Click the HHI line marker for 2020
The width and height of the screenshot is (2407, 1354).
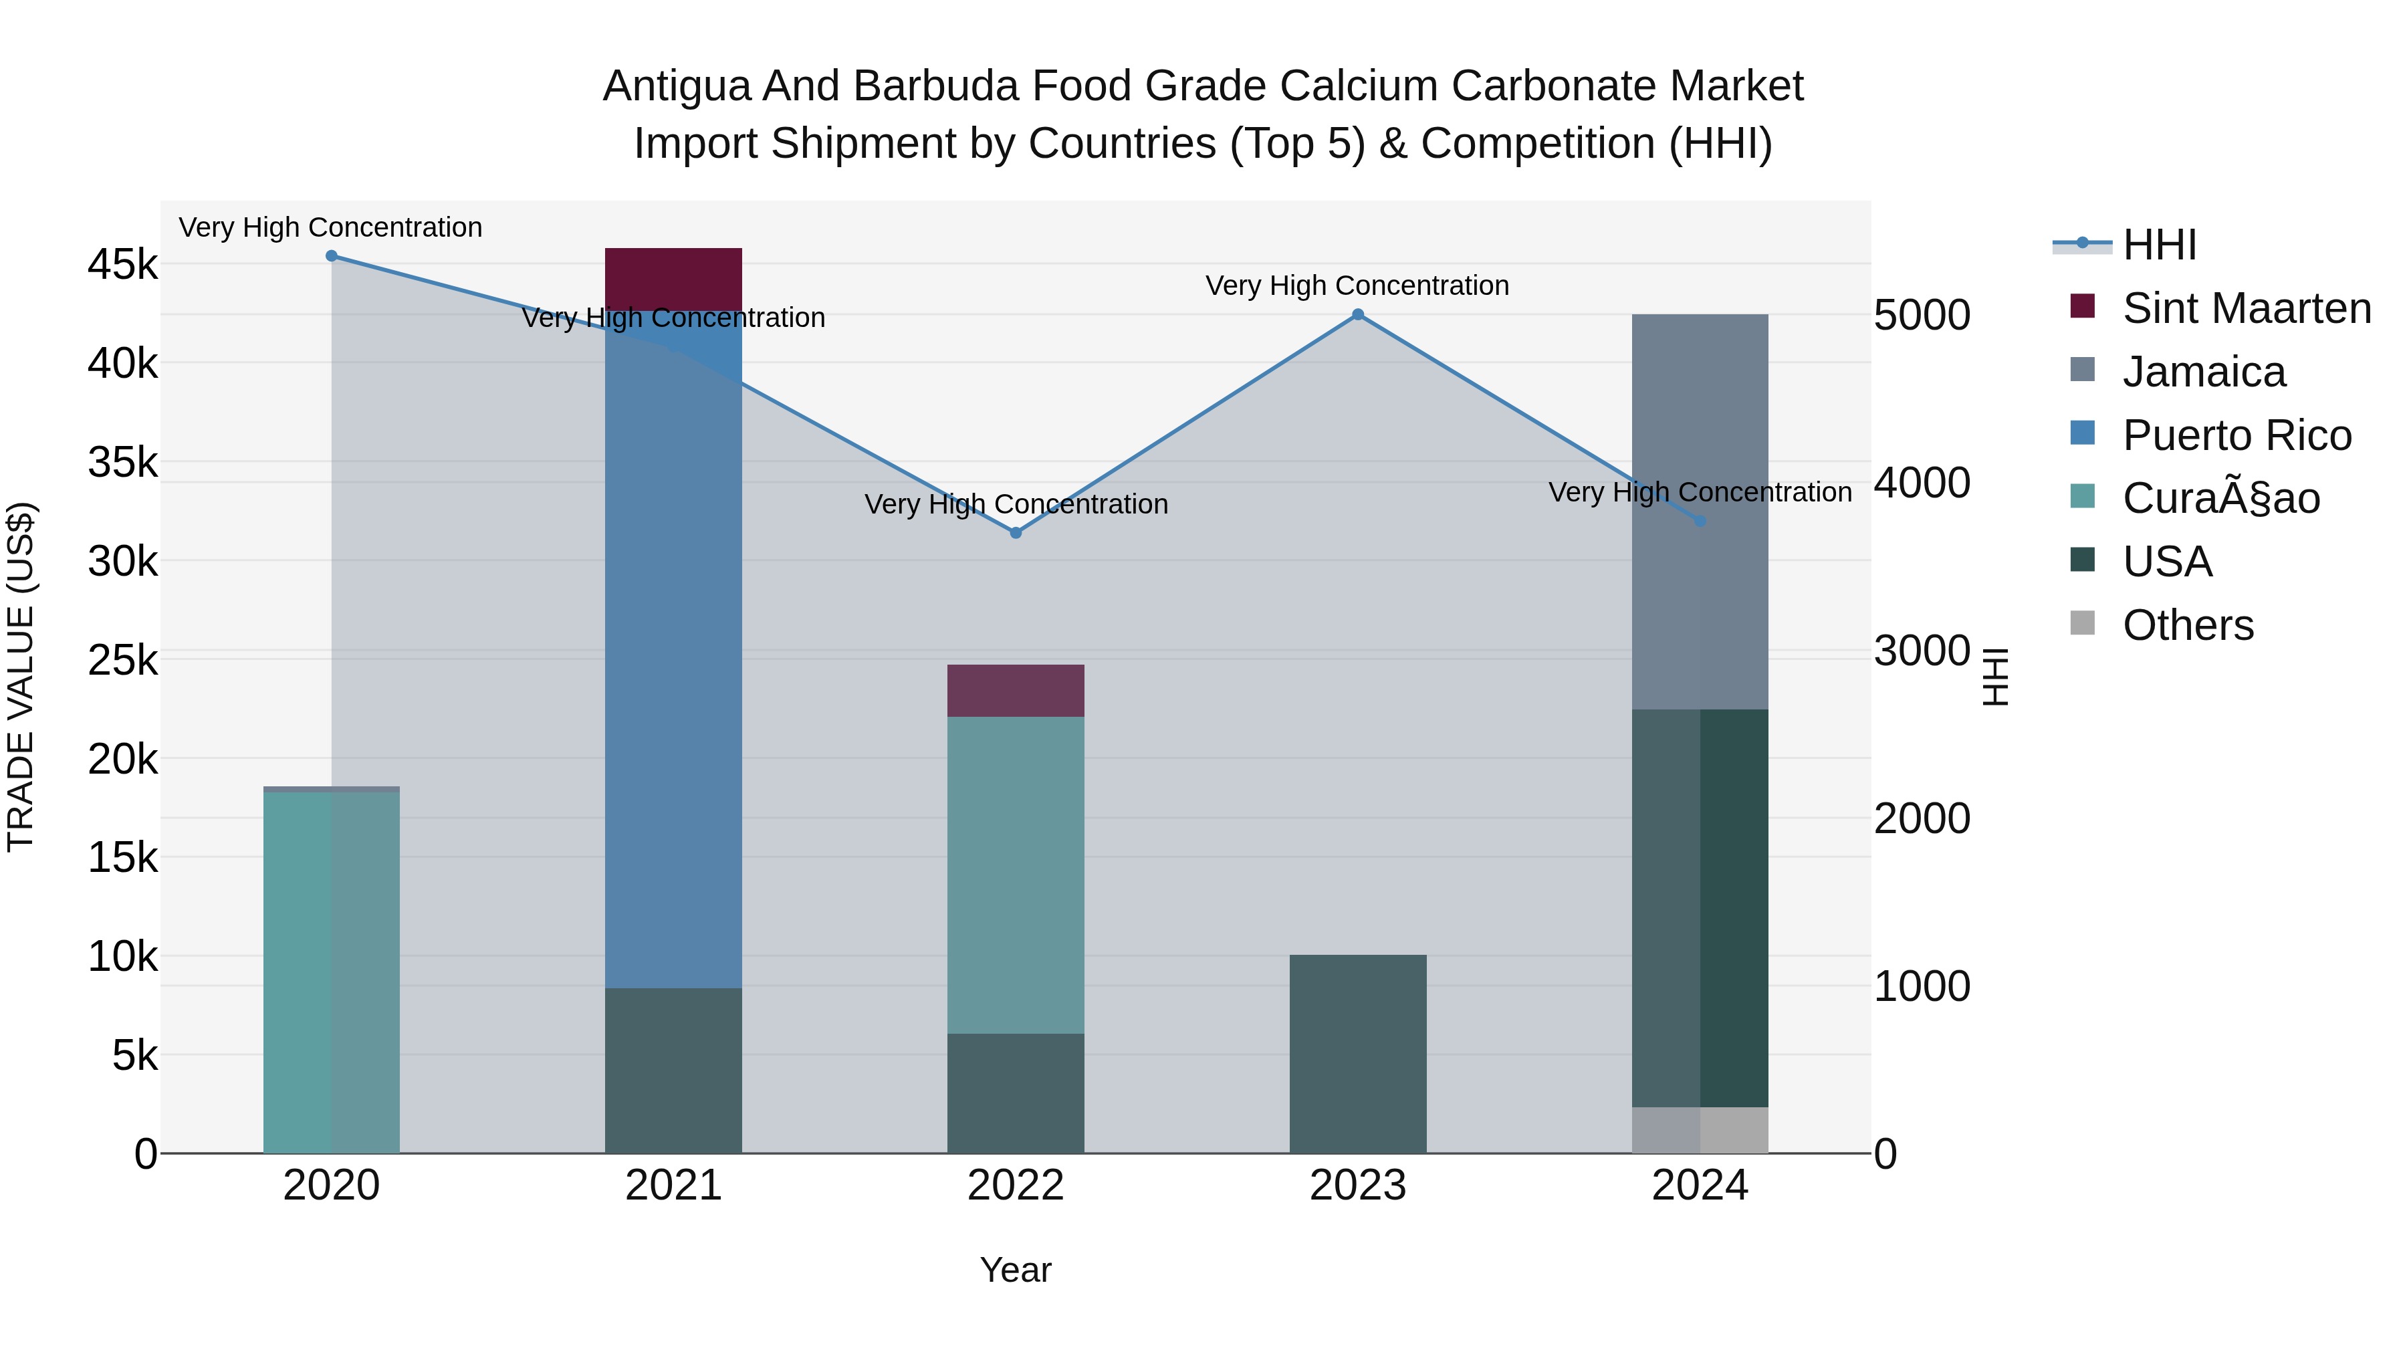pyautogui.click(x=332, y=256)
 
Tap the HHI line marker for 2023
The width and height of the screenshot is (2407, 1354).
pyautogui.click(x=1358, y=315)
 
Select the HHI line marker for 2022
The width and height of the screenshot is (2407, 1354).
pyautogui.click(x=1016, y=533)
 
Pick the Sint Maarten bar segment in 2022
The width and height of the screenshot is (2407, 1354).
pyautogui.click(x=1016, y=691)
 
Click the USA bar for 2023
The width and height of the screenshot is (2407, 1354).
pyautogui.click(x=1358, y=1054)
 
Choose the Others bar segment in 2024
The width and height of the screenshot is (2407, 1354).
pyautogui.click(x=1700, y=1130)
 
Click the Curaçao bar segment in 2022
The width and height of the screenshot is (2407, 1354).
pyautogui.click(x=1016, y=875)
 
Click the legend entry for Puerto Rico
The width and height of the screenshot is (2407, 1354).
pyautogui.click(x=2235, y=435)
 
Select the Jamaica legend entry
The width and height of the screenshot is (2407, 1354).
pyautogui.click(x=2203, y=372)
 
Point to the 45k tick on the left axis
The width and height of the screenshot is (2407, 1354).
pyautogui.click(x=122, y=264)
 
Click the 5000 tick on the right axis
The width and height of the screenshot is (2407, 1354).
pyautogui.click(x=1922, y=316)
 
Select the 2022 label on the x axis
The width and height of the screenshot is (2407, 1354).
pyautogui.click(x=1016, y=1186)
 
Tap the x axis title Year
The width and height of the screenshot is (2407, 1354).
pyautogui.click(x=1016, y=1270)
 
